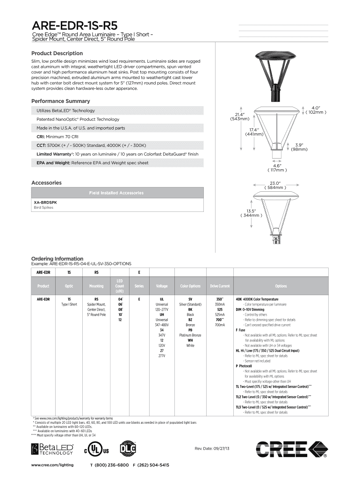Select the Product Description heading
coord(57,53)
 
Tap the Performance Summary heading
coord(60,101)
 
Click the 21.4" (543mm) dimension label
coord(240,116)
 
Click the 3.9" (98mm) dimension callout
coord(298,147)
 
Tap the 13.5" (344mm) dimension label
coord(251,213)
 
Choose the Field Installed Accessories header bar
coord(117,193)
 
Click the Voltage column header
coord(162,286)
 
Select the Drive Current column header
coord(220,286)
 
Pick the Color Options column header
coord(190,286)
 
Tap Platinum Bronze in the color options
coord(190,335)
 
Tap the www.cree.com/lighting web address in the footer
coord(52,465)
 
